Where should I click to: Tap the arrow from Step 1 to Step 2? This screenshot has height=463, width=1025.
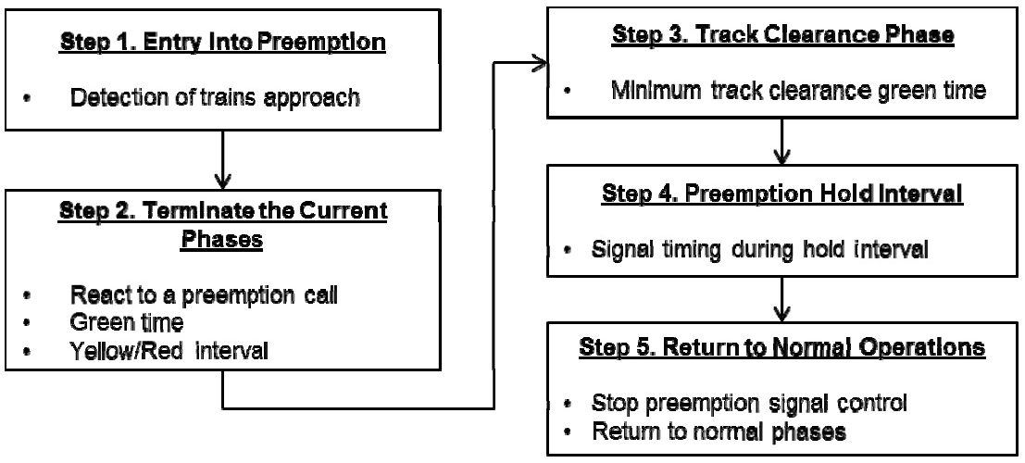click(x=223, y=161)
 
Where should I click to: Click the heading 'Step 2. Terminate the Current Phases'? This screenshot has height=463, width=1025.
click(x=223, y=225)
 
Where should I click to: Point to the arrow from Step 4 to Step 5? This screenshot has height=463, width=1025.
click(x=784, y=299)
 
